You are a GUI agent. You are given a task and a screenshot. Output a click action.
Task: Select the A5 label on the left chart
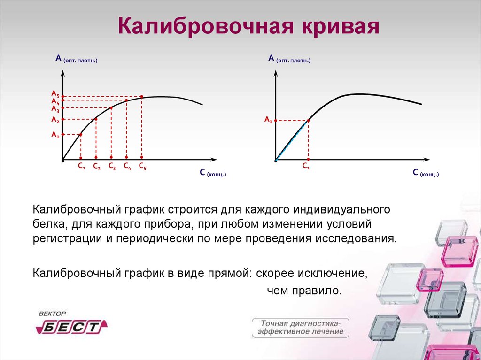pos(55,93)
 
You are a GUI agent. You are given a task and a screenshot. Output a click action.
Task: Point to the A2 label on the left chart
pos(55,119)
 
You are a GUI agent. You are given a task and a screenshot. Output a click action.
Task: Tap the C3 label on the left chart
pos(112,166)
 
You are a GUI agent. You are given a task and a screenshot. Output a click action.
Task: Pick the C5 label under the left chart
pos(143,166)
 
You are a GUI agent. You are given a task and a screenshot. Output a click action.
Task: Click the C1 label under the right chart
pos(306,166)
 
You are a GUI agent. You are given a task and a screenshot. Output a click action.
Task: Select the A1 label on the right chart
pos(268,120)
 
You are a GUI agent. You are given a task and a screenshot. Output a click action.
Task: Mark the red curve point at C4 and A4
pos(126,100)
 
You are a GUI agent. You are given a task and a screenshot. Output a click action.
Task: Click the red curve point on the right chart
pos(308,121)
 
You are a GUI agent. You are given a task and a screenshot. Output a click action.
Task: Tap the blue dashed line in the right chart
pos(292,141)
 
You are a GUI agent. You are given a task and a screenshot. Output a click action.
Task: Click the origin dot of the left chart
pos(63,160)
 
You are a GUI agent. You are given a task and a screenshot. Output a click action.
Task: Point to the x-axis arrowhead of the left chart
pos(214,160)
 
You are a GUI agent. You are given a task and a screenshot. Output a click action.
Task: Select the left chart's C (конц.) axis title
pos(213,173)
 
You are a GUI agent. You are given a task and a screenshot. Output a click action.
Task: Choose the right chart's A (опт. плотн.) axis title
pos(289,58)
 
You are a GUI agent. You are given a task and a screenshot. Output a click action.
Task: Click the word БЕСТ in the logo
pos(71,327)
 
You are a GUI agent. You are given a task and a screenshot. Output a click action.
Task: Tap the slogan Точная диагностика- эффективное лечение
pos(300,328)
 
